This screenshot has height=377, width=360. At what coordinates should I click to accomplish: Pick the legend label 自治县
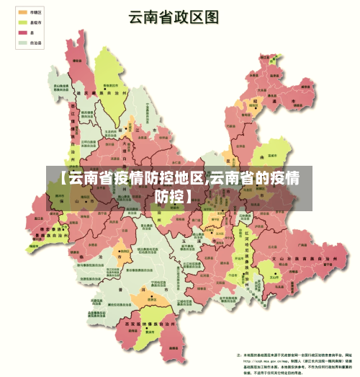pos(37,43)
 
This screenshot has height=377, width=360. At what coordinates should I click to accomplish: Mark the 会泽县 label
pos(245,137)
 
